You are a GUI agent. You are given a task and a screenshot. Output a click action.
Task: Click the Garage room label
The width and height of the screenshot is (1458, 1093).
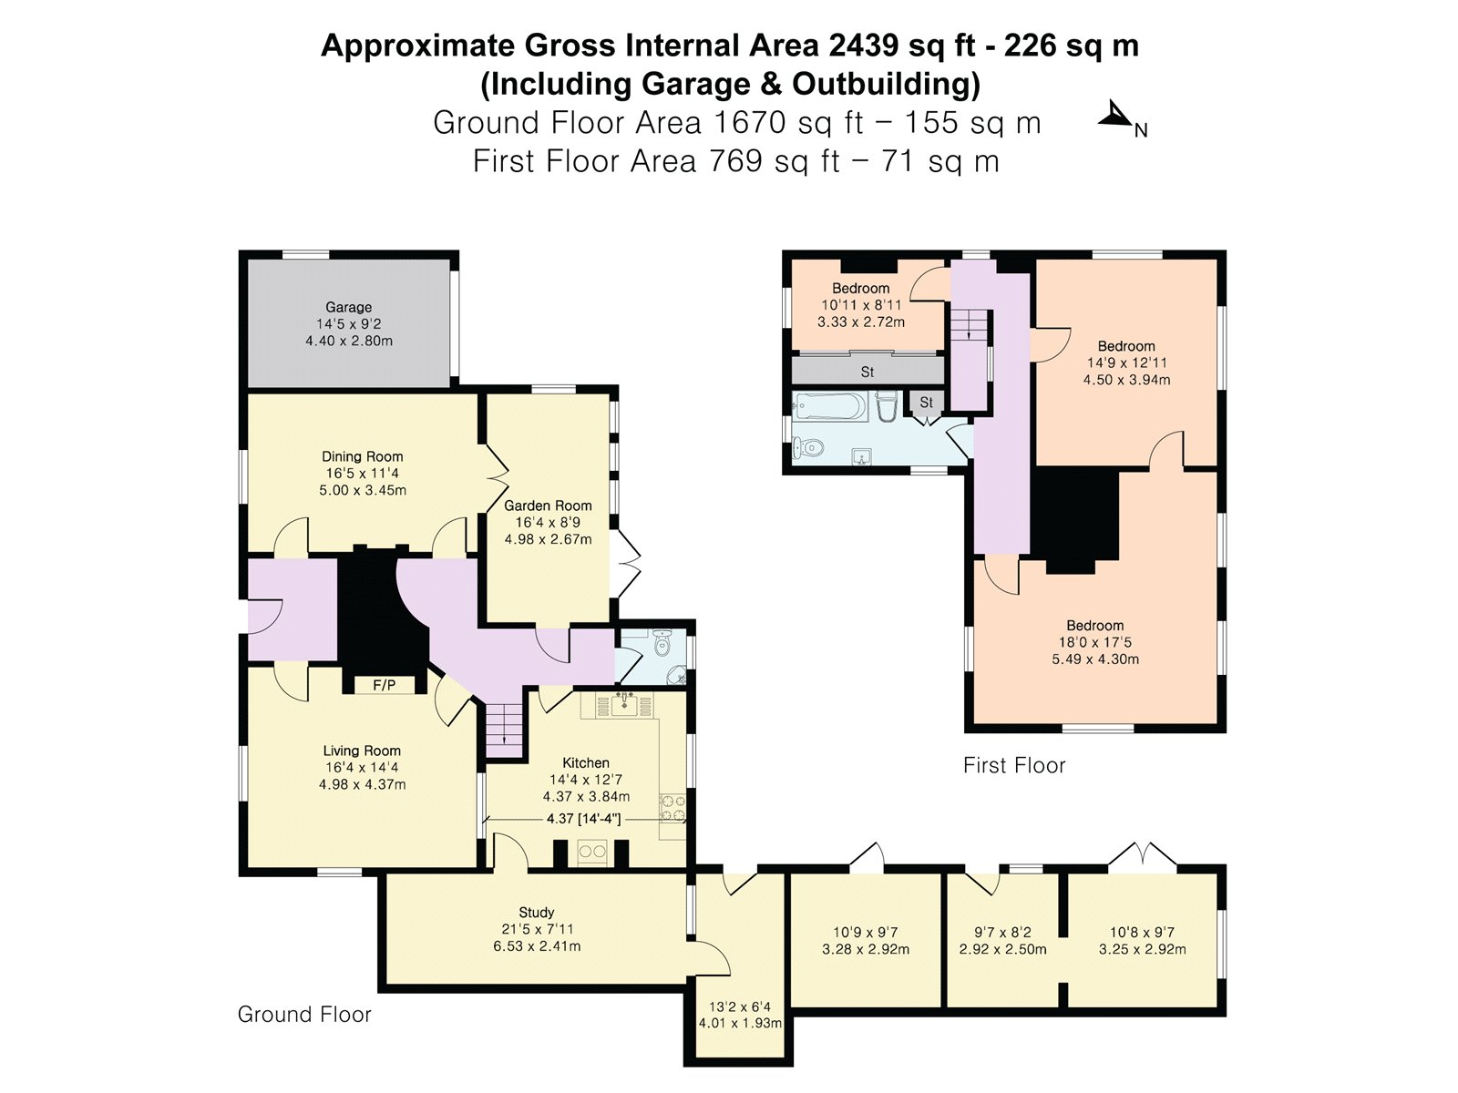pyautogui.click(x=348, y=308)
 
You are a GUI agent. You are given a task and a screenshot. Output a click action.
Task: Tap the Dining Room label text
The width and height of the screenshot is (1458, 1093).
pyautogui.click(x=362, y=456)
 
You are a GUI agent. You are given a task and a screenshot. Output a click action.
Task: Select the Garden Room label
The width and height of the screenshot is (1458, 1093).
pyautogui.click(x=548, y=506)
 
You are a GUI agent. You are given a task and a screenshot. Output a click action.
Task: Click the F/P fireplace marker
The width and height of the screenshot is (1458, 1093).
pyautogui.click(x=384, y=685)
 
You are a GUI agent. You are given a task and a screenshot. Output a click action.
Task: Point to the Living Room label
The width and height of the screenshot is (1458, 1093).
pyautogui.click(x=362, y=751)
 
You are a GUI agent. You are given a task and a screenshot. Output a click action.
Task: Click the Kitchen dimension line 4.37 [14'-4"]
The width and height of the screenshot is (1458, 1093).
pyautogui.click(x=583, y=819)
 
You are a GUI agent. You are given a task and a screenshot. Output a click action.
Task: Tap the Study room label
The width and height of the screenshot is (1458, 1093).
pyautogui.click(x=537, y=913)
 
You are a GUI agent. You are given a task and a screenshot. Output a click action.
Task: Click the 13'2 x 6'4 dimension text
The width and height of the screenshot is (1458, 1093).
pyautogui.click(x=739, y=1006)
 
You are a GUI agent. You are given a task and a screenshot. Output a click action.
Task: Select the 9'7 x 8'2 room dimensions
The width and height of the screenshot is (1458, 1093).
pyautogui.click(x=1002, y=933)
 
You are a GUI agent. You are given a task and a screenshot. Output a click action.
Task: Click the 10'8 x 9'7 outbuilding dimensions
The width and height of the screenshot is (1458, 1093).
pyautogui.click(x=1142, y=933)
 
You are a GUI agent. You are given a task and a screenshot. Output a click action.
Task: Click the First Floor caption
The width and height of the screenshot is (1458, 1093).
pyautogui.click(x=1014, y=766)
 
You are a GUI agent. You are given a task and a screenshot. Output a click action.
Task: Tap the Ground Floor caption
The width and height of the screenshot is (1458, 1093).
pyautogui.click(x=304, y=1015)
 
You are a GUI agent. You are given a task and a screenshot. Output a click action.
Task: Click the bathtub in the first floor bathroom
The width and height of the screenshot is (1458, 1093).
pyautogui.click(x=827, y=407)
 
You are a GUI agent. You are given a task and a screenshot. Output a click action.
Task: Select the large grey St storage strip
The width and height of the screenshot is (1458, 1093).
pyautogui.click(x=867, y=372)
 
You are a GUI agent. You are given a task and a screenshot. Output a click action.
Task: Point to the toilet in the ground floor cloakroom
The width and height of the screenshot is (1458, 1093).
pyautogui.click(x=662, y=644)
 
